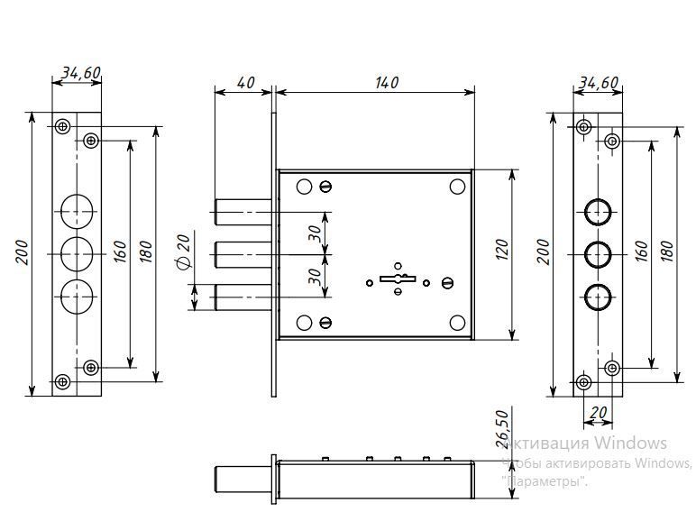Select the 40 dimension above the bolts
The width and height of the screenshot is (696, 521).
(x=244, y=82)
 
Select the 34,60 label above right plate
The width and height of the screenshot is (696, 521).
(x=598, y=82)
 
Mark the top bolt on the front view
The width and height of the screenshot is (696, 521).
(x=242, y=213)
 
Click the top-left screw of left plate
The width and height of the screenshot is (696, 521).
(x=62, y=126)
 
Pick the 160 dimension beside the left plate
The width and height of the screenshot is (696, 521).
(x=119, y=252)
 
